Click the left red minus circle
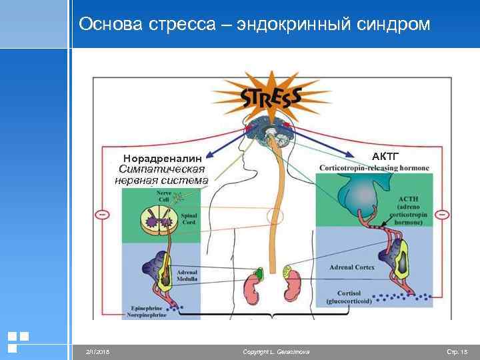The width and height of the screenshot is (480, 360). coord(102,215)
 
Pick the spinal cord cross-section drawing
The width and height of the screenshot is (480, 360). coord(157,221)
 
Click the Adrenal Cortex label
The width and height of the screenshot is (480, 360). coord(352,267)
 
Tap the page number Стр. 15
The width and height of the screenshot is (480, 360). coord(457,351)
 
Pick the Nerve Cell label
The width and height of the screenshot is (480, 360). coord(163,195)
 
